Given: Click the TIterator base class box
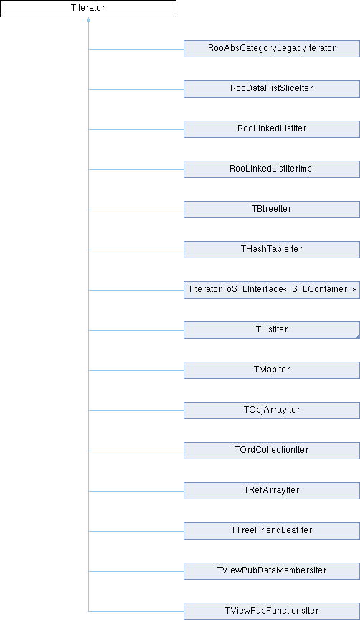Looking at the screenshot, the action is [x=88, y=9].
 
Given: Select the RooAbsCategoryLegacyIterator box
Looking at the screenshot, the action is [x=272, y=49].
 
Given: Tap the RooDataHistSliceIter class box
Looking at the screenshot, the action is [x=272, y=89].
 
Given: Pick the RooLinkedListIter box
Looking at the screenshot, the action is [x=272, y=129].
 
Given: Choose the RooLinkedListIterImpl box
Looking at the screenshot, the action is [x=272, y=169].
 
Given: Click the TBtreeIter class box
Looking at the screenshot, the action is [x=272, y=210].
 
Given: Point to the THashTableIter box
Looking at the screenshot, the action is [x=272, y=250].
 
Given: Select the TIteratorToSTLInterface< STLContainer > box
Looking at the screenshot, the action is [x=272, y=290].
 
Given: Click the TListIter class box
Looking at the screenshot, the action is [x=272, y=330].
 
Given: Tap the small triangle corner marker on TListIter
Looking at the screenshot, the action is [x=358, y=337].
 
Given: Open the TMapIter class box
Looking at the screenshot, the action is [x=272, y=370].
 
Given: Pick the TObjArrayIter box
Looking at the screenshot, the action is [x=272, y=410].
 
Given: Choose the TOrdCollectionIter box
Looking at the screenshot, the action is [x=272, y=451].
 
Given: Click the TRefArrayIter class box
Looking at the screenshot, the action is [x=272, y=491].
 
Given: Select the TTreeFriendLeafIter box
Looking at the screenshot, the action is [x=272, y=531].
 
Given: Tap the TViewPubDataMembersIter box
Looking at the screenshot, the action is [x=272, y=571].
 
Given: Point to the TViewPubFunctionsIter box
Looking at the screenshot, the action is [x=272, y=611].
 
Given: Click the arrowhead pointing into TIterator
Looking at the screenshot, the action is [x=88, y=19].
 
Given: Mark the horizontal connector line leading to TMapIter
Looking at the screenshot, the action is [x=136, y=370].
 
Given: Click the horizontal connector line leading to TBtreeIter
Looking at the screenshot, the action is [x=136, y=210].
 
